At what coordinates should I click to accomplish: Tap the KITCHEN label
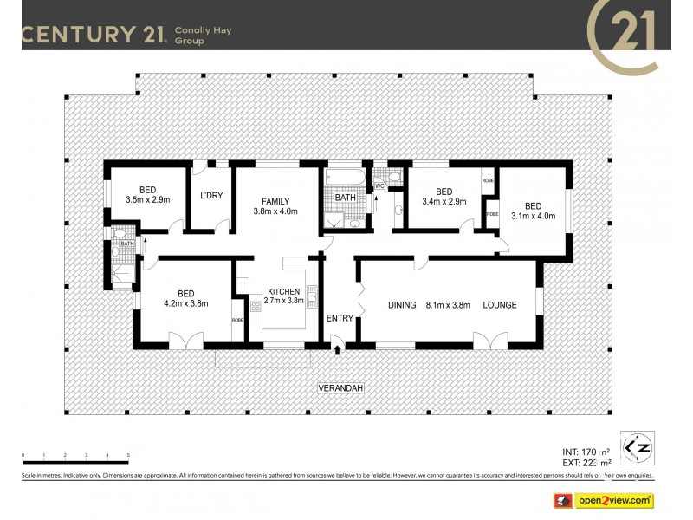point(283,291)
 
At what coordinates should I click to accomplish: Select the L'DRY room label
point(211,196)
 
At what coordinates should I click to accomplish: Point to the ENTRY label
point(340,318)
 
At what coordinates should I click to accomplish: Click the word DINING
point(402,305)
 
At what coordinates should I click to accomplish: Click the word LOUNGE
point(500,305)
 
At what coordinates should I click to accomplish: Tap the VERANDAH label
point(338,387)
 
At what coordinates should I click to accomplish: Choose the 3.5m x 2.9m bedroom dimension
point(148,200)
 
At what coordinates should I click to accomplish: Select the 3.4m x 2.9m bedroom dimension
point(444,202)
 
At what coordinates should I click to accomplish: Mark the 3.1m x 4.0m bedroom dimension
point(532,216)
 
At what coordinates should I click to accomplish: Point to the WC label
point(379,185)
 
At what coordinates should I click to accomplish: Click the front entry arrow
point(337,348)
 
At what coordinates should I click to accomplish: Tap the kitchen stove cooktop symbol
point(256,304)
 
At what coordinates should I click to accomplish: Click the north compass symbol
point(638,445)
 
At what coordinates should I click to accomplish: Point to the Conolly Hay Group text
point(203,36)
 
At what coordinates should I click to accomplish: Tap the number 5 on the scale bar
point(128,455)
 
